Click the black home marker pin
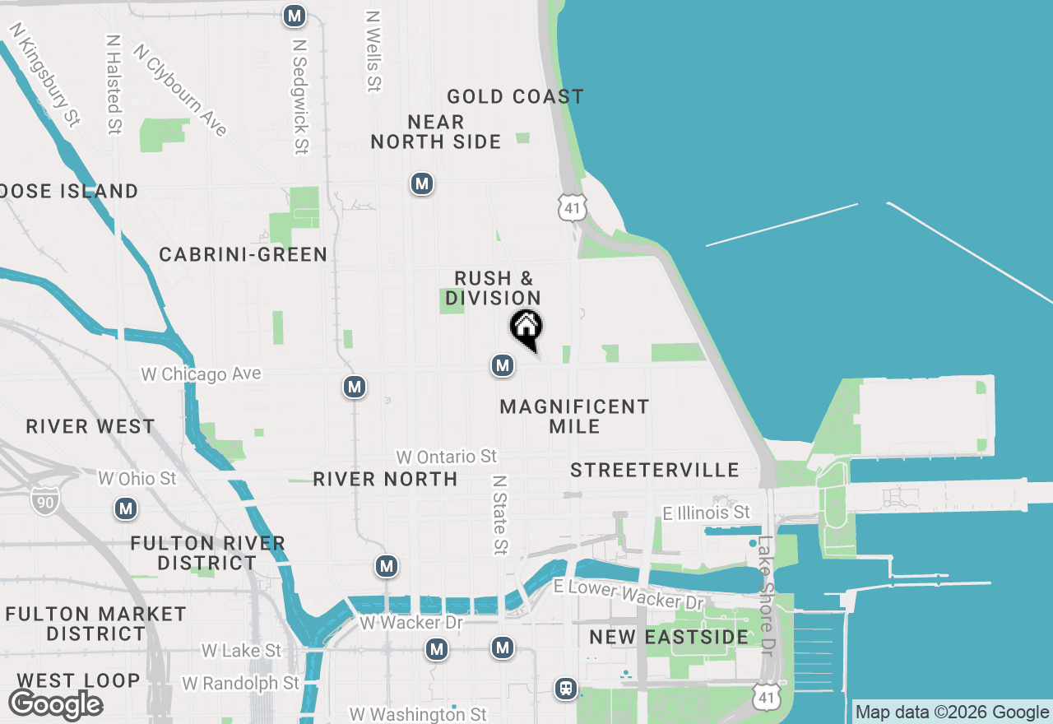click(526, 327)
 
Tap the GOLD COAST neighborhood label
click(515, 97)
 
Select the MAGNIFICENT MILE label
click(574, 416)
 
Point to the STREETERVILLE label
click(655, 470)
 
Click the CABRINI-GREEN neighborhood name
click(244, 255)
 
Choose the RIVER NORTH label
click(385, 479)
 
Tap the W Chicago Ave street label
click(202, 374)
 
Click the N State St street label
click(499, 513)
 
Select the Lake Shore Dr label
click(767, 596)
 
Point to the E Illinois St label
click(706, 513)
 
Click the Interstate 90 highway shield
click(44, 499)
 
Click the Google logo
click(56, 704)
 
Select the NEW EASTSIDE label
click(669, 638)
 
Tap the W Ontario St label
click(447, 457)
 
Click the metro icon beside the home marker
click(503, 365)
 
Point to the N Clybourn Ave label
click(180, 90)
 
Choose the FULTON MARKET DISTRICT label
click(95, 624)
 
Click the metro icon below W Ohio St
click(126, 508)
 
